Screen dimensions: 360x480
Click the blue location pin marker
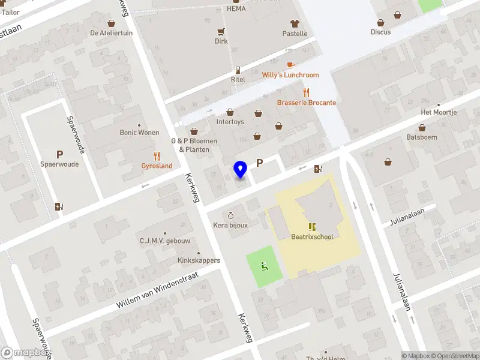[x=241, y=170]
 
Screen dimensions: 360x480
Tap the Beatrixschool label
[x=312, y=236]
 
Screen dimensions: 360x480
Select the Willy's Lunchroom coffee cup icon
[x=290, y=65]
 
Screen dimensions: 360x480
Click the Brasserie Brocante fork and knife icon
[x=307, y=92]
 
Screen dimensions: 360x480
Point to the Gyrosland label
[x=157, y=166]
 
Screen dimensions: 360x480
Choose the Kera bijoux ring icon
[x=230, y=215]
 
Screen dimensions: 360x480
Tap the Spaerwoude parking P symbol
[x=59, y=154]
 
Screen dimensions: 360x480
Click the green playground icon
[x=264, y=266]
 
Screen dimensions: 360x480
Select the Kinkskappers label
[x=199, y=260]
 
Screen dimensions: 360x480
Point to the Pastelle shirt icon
[x=295, y=24]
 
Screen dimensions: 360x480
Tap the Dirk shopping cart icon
[x=221, y=32]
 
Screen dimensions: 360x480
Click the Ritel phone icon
[x=238, y=70]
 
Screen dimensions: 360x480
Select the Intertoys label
[x=230, y=122]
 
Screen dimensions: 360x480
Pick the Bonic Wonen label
[x=139, y=133]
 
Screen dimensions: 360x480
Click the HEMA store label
[x=236, y=9]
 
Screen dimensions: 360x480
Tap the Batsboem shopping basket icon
[x=422, y=128]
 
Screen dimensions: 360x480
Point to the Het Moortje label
[x=439, y=113]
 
